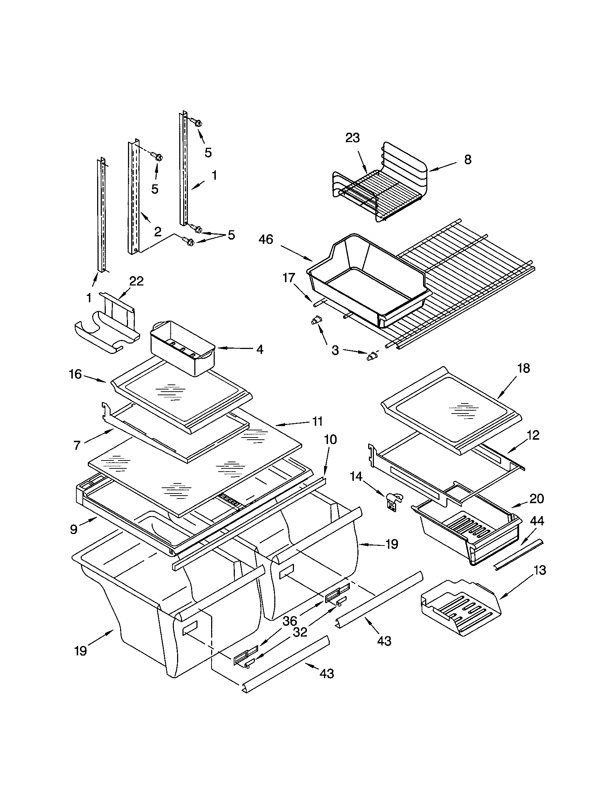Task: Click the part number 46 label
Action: pos(266,240)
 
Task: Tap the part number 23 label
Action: pos(352,138)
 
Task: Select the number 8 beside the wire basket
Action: pos(467,160)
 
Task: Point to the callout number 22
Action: pos(136,281)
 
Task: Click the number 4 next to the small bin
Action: pos(260,349)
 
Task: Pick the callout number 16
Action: pos(75,374)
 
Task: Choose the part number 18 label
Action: pos(523,368)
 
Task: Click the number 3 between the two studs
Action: pos(335,350)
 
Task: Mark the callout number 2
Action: pos(157,232)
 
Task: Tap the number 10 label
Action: pos(330,440)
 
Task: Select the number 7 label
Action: pos(77,446)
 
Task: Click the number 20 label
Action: pos(537,499)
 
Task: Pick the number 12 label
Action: pos(533,435)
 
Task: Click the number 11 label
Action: pos(317,421)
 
